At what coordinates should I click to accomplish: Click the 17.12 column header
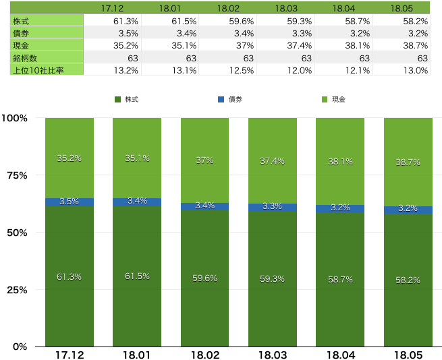coord(112,8)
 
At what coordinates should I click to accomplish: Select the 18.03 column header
coord(286,8)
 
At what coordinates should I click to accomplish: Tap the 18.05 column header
coord(402,8)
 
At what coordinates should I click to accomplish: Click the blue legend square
coord(221,100)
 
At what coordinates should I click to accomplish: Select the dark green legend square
coord(118,100)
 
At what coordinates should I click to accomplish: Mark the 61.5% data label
coord(137,276)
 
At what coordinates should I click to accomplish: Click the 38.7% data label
coord(408,162)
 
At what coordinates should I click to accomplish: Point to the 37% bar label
coord(204,160)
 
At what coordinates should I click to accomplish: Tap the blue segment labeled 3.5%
coord(70,202)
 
